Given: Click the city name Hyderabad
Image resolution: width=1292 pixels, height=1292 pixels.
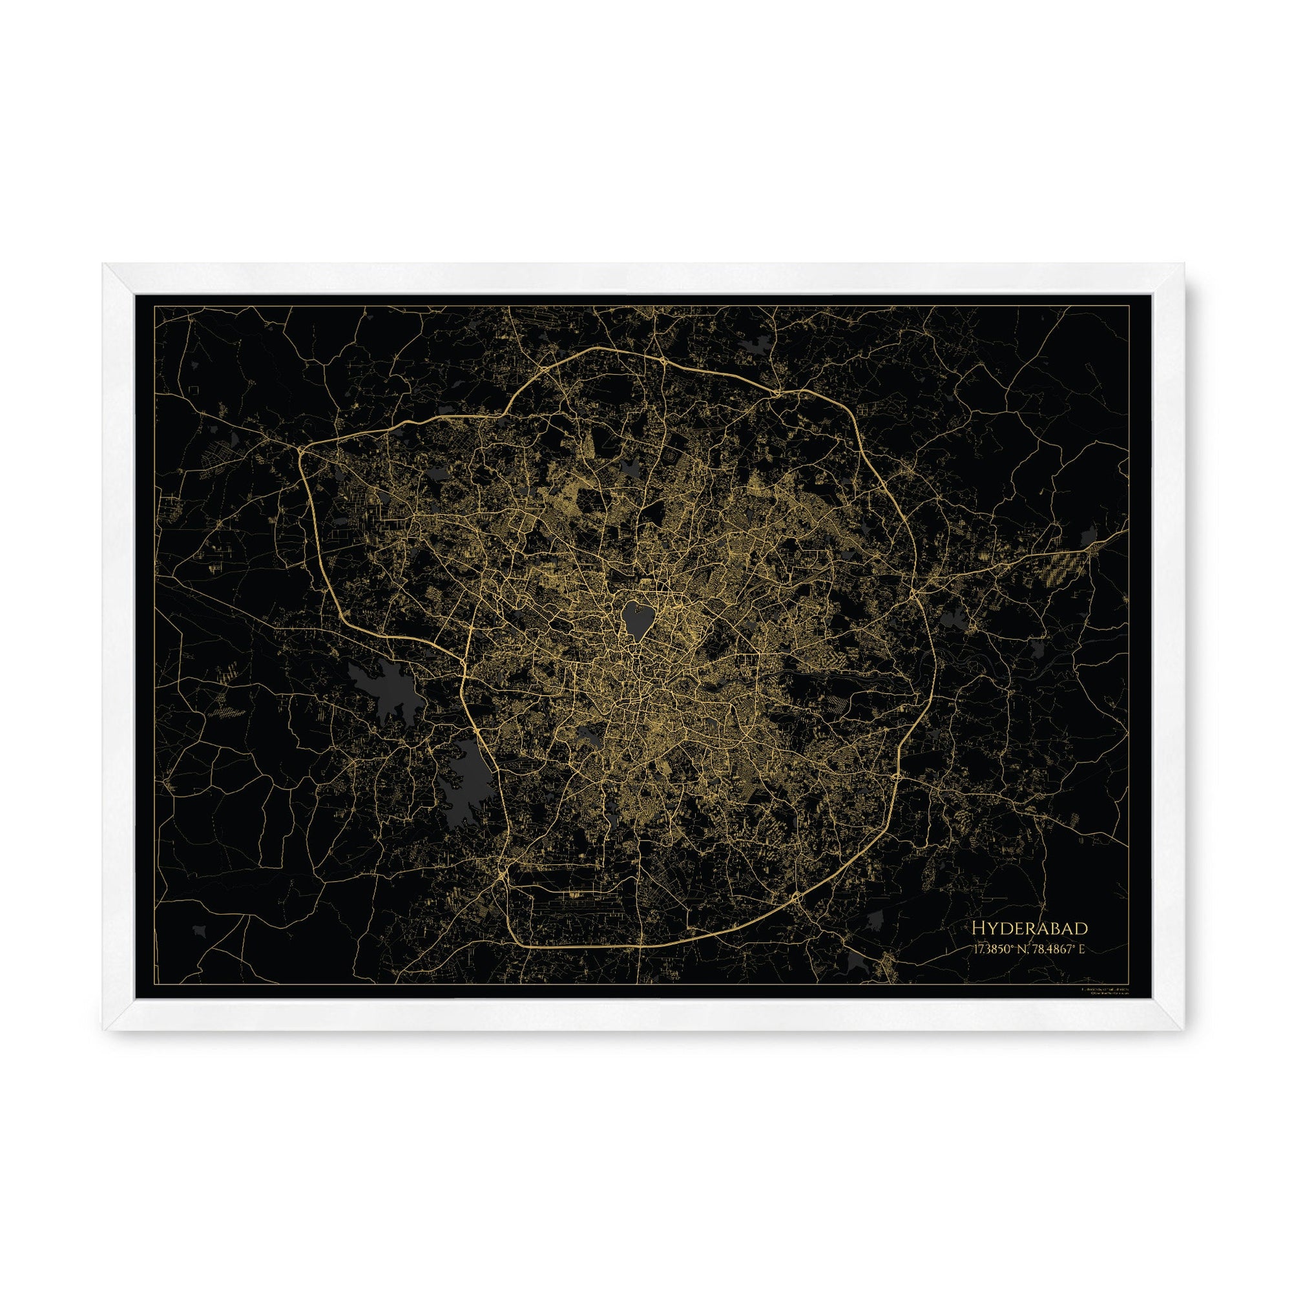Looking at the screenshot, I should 1029,928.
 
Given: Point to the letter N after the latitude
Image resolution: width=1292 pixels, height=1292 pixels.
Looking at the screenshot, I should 1024,950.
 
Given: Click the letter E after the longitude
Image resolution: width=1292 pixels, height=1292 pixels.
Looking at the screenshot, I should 1081,950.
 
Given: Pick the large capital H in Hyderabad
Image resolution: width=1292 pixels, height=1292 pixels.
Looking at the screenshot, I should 978,928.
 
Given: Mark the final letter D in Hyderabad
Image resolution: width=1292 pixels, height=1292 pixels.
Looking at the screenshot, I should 1081,928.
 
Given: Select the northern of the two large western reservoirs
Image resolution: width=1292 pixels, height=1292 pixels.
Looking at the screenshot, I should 388,689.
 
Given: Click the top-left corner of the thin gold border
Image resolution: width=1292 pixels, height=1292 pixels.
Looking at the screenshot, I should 155,306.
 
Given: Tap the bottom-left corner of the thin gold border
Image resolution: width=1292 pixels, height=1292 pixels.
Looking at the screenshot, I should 155,984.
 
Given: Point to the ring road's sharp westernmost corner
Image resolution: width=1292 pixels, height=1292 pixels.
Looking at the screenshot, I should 301,450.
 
